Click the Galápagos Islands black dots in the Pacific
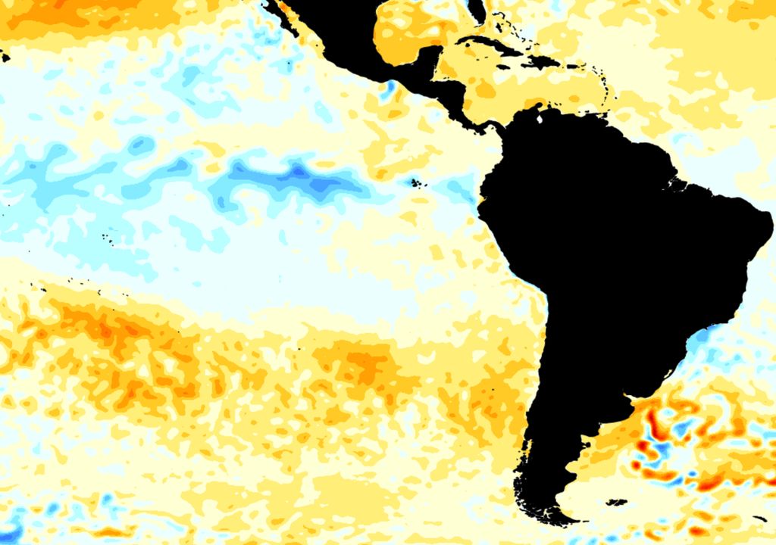pos(415,182)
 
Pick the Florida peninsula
pos(476,11)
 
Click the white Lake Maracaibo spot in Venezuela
pos(539,117)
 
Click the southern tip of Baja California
pos(292,30)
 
